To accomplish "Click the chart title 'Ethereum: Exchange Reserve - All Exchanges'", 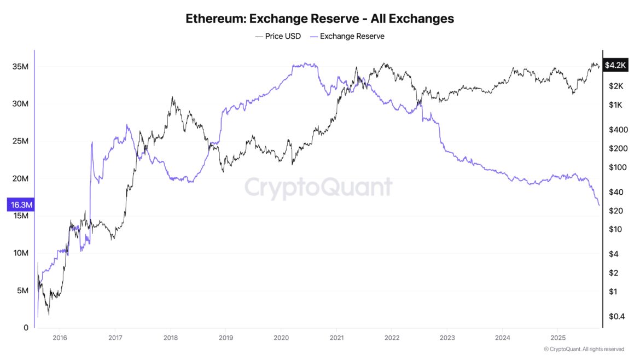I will pyautogui.click(x=319, y=19).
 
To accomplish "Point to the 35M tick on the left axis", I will pyautogui.click(x=20, y=67).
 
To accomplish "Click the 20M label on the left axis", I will pyautogui.click(x=20, y=179).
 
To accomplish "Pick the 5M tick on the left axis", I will pyautogui.click(x=22, y=291).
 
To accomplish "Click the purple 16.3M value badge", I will pyautogui.click(x=19, y=205).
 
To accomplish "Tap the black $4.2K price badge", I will pyautogui.click(x=615, y=65).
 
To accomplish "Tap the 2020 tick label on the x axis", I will pyautogui.click(x=281, y=337).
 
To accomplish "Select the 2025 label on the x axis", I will pyautogui.click(x=557, y=337).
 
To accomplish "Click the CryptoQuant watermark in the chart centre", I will pyautogui.click(x=318, y=188).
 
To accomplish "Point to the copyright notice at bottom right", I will pyautogui.click(x=584, y=349).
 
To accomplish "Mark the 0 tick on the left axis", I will pyautogui.click(x=26, y=328).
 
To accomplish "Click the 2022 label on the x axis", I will pyautogui.click(x=392, y=337).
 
